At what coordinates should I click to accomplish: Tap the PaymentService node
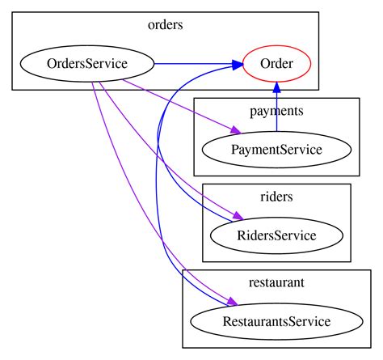point(276,150)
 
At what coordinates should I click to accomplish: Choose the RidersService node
point(276,235)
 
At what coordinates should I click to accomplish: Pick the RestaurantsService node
point(276,321)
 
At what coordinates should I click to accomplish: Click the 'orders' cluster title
point(166,24)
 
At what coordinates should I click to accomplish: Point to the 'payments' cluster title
point(276,110)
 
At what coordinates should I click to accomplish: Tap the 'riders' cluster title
point(276,196)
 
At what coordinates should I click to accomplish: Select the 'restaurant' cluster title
point(276,282)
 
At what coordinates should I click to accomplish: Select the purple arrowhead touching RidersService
point(237,218)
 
